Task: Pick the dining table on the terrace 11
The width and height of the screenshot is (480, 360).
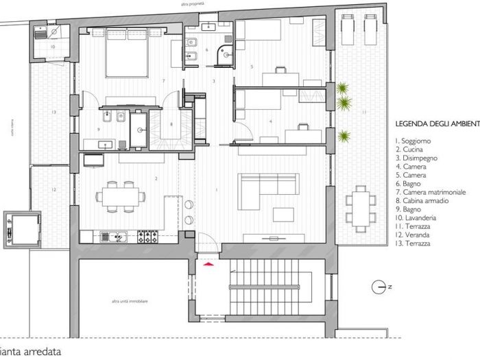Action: [361, 205]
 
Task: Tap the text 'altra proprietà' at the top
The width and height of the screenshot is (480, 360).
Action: [193, 4]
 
